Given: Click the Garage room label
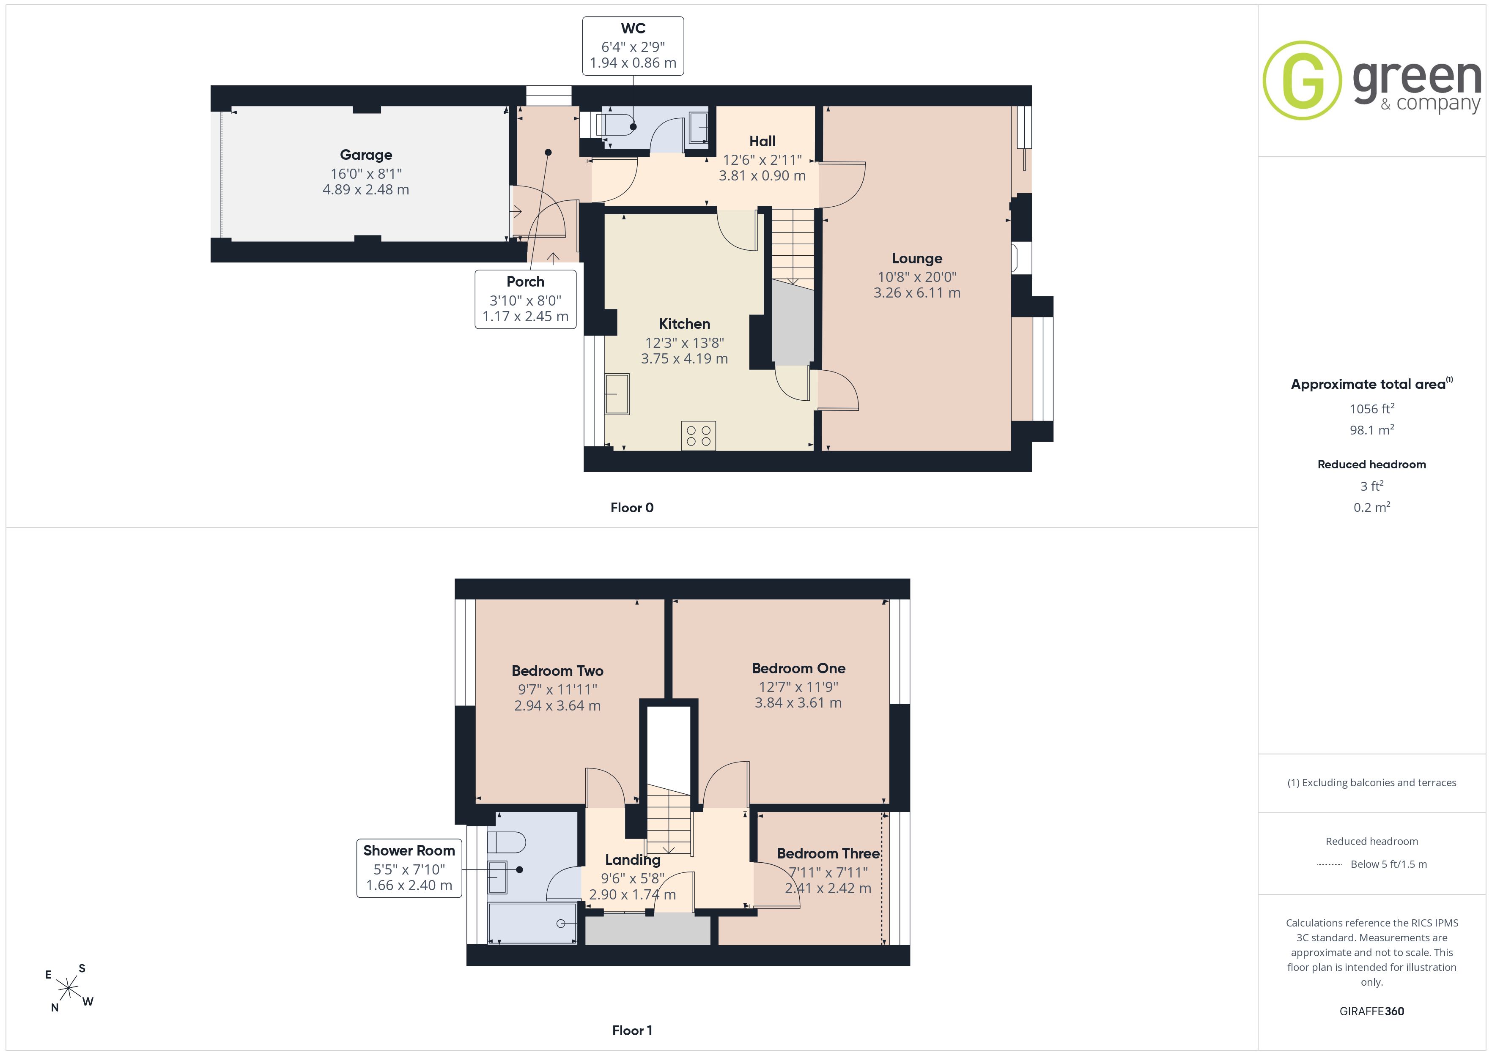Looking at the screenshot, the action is coord(366,155).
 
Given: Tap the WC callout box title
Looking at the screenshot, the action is coord(633,28).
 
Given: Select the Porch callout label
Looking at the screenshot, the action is coord(525,281).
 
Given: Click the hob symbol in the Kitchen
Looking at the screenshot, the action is coord(699,436).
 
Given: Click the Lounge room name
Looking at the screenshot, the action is coord(916,259).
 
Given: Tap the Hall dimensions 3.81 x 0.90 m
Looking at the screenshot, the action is coord(762,175).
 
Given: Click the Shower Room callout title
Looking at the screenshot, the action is coord(409,850).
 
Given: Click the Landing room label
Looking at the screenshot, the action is coord(632,860).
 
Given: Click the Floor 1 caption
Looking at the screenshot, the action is coord(632,1030).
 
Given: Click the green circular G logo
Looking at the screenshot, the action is coord(1302,81).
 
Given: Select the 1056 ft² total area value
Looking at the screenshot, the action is coord(1371,409).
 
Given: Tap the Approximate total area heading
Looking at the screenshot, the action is coord(1371,383).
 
